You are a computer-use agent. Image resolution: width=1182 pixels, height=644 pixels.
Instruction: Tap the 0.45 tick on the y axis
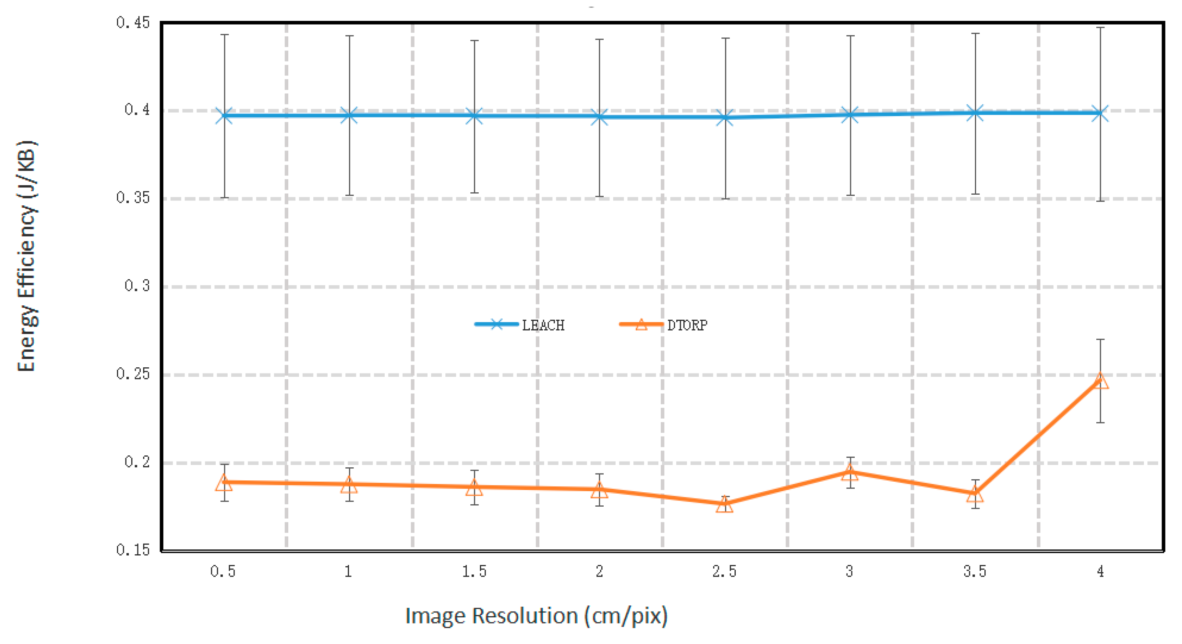133,23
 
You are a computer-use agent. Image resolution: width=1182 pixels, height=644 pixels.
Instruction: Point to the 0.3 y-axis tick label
137,286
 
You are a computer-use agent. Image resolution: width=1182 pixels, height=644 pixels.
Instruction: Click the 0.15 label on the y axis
133,549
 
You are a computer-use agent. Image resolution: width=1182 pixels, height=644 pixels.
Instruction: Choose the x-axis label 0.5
223,571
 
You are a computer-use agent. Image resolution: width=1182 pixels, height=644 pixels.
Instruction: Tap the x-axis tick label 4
1100,571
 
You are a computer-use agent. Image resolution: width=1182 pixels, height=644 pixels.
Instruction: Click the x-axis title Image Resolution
536,616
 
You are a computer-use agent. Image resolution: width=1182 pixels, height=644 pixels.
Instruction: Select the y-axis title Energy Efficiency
27,256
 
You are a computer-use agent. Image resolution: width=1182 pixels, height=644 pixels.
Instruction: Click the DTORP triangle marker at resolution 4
1100,381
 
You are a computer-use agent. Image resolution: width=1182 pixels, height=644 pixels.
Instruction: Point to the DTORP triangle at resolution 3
850,473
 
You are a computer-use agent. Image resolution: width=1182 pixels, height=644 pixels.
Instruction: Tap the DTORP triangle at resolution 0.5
224,482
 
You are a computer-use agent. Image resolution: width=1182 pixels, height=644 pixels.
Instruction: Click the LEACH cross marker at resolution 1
349,115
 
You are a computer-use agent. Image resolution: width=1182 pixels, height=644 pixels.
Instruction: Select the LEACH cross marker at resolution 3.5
975,113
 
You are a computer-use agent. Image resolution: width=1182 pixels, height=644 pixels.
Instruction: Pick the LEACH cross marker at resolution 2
599,116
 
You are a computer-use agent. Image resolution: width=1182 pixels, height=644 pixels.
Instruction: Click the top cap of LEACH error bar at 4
1100,27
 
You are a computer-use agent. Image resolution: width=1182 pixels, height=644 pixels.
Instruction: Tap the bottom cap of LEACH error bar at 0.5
224,198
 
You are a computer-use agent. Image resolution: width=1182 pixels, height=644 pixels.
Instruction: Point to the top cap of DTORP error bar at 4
1100,339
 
